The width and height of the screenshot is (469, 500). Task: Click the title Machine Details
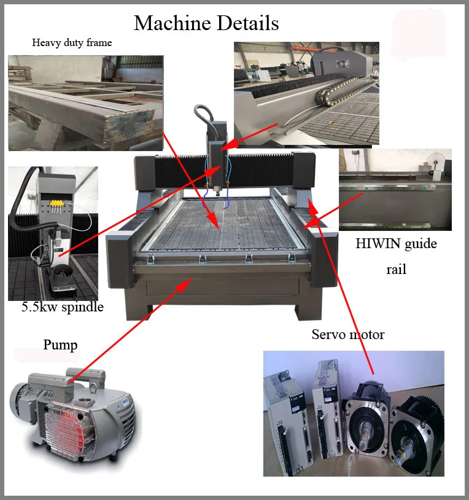coord(206,23)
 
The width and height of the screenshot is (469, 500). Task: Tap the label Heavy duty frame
coord(72,43)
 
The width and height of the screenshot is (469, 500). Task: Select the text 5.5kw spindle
coord(63,307)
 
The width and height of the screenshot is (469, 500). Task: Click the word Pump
coord(60,345)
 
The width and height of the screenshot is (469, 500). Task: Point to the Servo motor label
coord(347,335)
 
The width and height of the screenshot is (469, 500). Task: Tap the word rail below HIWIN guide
coord(396,270)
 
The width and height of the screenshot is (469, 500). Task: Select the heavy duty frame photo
coord(85,103)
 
